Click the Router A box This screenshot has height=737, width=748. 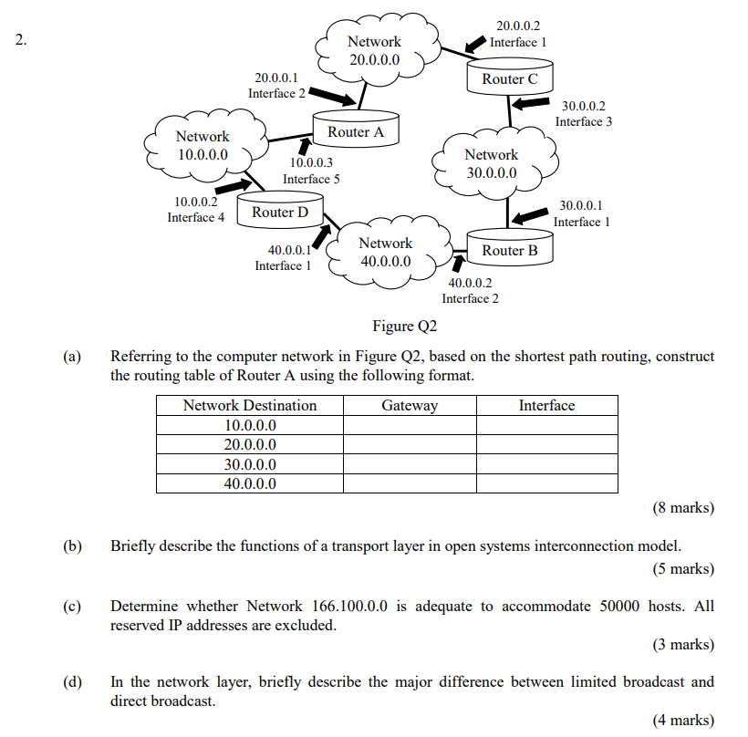pos(356,131)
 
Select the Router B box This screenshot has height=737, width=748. pos(510,250)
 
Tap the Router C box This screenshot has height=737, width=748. pos(510,78)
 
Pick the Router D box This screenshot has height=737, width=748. pos(280,213)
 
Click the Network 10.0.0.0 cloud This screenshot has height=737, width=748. pos(203,145)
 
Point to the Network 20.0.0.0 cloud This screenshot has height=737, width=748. pos(374,51)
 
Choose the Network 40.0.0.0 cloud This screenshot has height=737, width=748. pos(385,252)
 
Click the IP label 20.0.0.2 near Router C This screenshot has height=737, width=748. pos(518,26)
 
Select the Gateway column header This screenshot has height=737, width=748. pos(410,406)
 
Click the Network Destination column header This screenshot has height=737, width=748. pos(250,406)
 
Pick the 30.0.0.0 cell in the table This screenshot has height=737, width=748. pos(250,464)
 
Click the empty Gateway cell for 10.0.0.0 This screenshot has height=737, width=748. pos(410,425)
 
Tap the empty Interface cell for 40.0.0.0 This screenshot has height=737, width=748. pos(546,483)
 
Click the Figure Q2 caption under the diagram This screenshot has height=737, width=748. pos(405,327)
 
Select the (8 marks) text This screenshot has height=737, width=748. pos(683,508)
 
